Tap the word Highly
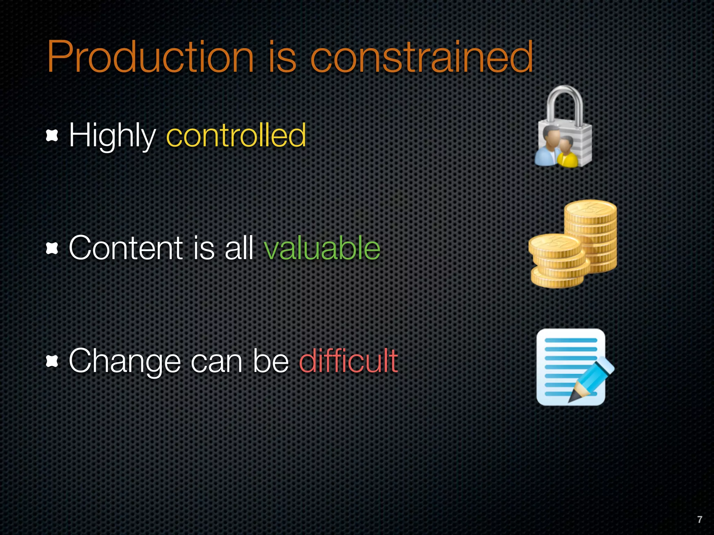(112, 136)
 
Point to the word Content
(126, 248)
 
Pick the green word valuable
(322, 248)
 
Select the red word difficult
(348, 361)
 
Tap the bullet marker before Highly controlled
(52, 135)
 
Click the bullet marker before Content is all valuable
(52, 248)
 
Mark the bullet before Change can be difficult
(52, 362)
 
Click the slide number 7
(699, 519)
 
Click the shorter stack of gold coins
(556, 261)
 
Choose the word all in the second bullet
(239, 248)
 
